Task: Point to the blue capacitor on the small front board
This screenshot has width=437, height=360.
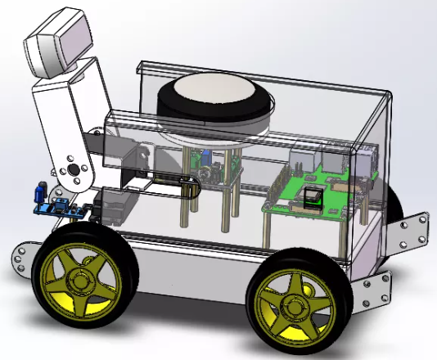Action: pos(38,193)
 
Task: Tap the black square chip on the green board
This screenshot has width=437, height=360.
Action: pos(313,196)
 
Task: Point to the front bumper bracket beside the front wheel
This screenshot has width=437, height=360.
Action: pos(25,255)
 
